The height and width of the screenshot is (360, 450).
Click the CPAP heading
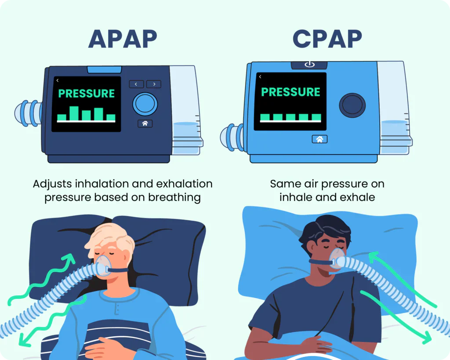(x=327, y=40)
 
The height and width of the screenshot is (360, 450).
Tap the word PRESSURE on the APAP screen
(x=87, y=93)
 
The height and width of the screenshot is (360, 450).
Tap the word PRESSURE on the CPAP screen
(x=290, y=92)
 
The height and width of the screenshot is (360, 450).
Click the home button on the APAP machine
(x=145, y=124)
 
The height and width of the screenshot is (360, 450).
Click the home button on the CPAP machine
(x=319, y=139)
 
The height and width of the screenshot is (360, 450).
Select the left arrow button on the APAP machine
(x=136, y=84)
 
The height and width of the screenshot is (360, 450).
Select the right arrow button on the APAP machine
(x=154, y=84)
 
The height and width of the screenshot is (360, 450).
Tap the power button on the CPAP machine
(x=309, y=65)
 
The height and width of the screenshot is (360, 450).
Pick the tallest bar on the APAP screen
(x=74, y=113)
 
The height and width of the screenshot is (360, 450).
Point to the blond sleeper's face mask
(x=104, y=265)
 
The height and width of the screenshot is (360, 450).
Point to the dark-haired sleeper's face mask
(x=336, y=258)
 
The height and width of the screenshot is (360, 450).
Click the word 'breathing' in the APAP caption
(x=174, y=197)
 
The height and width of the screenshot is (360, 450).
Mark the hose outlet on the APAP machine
(x=29, y=113)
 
